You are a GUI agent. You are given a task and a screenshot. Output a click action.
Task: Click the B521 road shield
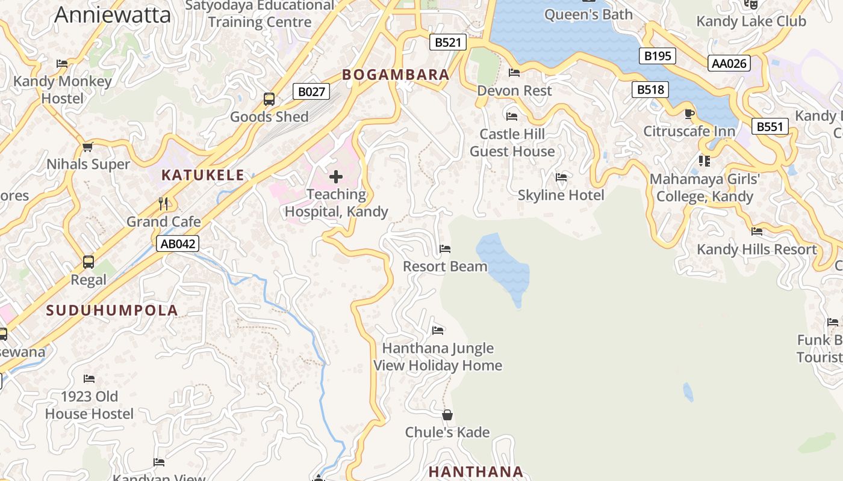[448, 42]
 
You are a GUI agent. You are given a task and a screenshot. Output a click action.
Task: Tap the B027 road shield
[312, 92]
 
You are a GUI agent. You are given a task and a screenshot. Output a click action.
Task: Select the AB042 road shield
[177, 244]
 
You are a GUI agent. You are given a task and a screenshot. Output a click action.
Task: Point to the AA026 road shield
[729, 63]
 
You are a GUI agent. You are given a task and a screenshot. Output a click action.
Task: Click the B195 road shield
[657, 56]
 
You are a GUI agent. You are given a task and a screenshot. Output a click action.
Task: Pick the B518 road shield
[651, 90]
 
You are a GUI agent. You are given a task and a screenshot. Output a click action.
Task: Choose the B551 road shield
[770, 127]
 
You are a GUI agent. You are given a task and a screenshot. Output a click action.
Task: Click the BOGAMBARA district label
[396, 75]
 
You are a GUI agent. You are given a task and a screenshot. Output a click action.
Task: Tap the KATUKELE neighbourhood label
[203, 176]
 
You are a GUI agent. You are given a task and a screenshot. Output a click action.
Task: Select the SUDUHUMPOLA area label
[112, 310]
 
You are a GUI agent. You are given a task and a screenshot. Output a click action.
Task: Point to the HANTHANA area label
[476, 472]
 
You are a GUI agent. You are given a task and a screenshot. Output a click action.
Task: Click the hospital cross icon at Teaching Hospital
[336, 177]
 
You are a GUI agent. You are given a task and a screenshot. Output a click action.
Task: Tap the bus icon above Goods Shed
[269, 99]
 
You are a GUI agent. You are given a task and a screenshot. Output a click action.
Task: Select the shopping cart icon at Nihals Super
[88, 147]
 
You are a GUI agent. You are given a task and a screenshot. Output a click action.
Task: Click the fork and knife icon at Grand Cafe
[163, 204]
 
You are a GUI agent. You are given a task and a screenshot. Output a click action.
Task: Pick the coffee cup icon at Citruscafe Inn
[689, 114]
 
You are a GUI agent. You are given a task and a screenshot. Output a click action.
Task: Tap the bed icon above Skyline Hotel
[561, 177]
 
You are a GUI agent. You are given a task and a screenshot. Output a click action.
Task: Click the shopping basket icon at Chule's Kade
[447, 415]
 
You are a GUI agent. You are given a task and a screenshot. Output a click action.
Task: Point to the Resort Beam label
[445, 266]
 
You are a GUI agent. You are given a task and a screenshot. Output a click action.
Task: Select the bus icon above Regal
[89, 262]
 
